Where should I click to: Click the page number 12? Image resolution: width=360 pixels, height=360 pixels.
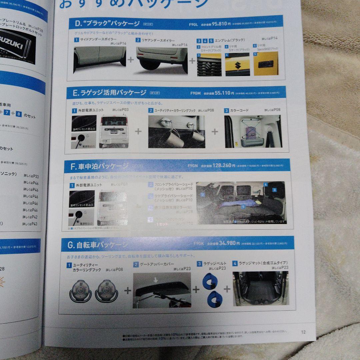point(303,332)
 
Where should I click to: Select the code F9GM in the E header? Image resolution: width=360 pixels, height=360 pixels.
point(195,94)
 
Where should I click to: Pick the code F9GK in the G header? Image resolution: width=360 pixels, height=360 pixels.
point(198,243)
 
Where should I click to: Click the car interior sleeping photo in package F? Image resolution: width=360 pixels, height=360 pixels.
point(241,202)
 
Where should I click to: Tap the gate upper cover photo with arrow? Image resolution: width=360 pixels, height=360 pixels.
point(162,290)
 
